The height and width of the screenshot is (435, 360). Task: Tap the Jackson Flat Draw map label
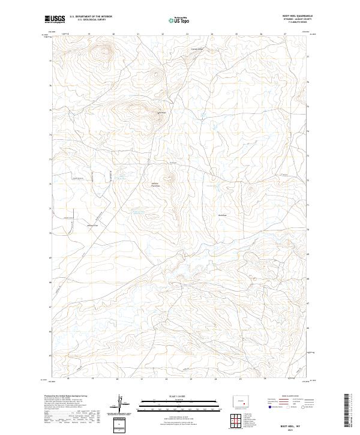pos(154,186)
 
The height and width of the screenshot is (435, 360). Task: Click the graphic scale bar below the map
pos(172,404)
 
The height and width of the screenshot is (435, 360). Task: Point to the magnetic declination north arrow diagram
pos(122,403)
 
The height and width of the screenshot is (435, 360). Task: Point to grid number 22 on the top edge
pos(163,35)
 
